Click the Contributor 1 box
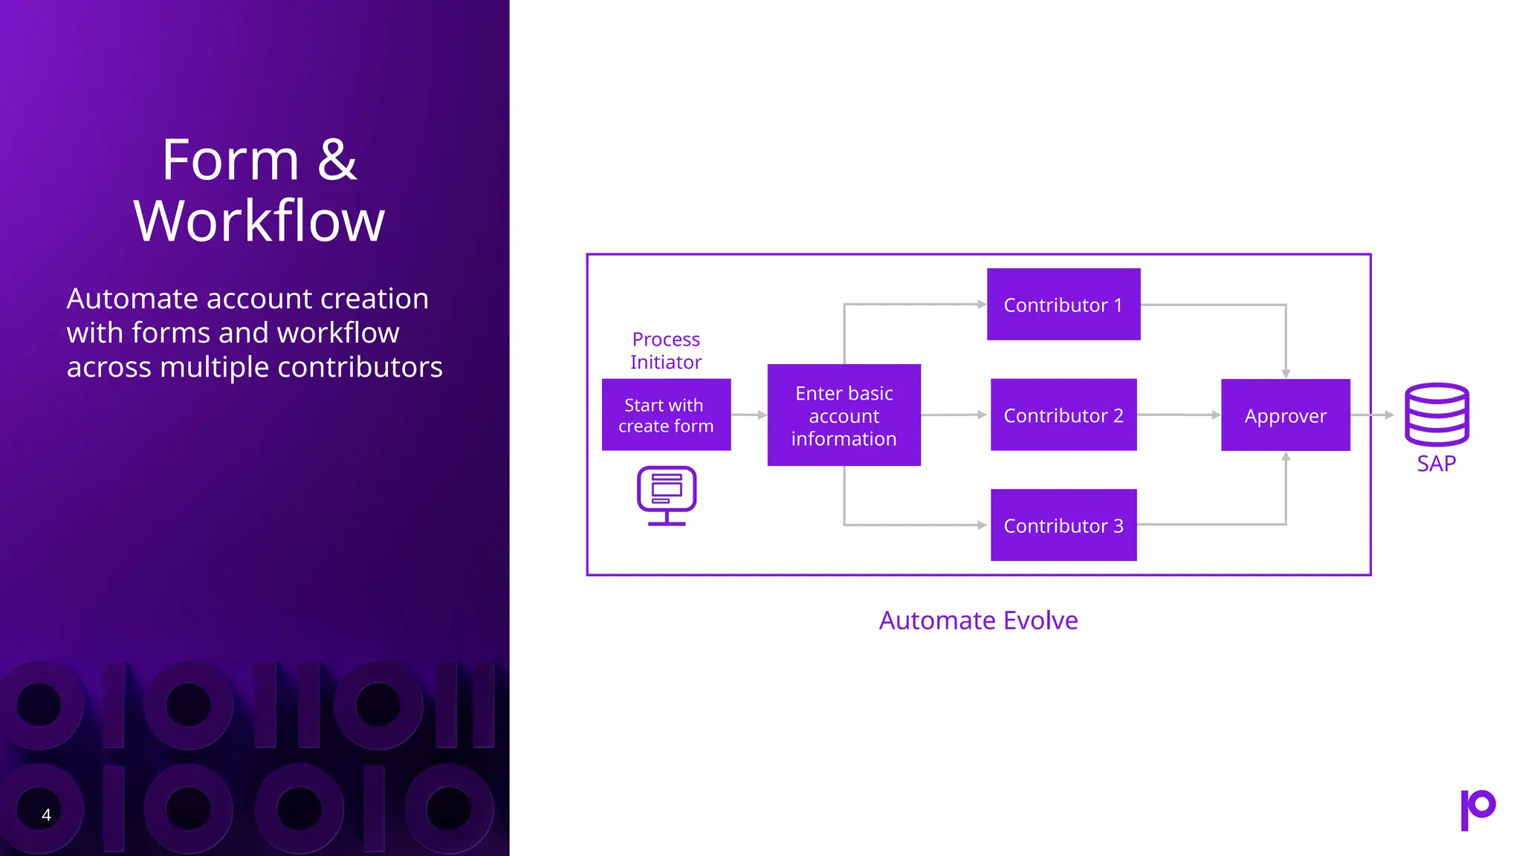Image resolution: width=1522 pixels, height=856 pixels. [x=1063, y=305]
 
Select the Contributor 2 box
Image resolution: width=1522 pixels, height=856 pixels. [x=1063, y=415]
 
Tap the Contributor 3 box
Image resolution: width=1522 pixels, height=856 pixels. [x=1063, y=525]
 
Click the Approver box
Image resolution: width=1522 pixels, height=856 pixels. [x=1285, y=415]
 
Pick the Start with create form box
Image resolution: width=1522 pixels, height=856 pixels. [x=666, y=415]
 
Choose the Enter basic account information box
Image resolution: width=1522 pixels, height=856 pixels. [x=843, y=415]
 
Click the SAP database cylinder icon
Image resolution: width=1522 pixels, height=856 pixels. [x=1436, y=414]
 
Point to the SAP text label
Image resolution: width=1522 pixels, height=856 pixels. [x=1436, y=464]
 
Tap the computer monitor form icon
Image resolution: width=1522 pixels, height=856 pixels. [x=667, y=495]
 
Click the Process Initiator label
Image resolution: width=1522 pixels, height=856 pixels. [x=666, y=350]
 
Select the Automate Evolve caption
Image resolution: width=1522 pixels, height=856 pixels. [x=978, y=620]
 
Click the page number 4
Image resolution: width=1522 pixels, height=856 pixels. [x=46, y=815]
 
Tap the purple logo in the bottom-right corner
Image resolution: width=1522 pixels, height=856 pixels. [x=1477, y=810]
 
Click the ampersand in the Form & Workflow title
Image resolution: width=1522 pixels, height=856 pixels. [x=337, y=160]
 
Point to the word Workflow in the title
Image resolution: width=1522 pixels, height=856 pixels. [x=259, y=221]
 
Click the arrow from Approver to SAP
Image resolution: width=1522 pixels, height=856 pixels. [x=1372, y=415]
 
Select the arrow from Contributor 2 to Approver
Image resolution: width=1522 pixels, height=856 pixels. [x=1179, y=415]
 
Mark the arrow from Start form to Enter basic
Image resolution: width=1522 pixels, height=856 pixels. [x=748, y=415]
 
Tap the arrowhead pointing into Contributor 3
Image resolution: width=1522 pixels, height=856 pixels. [x=982, y=525]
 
